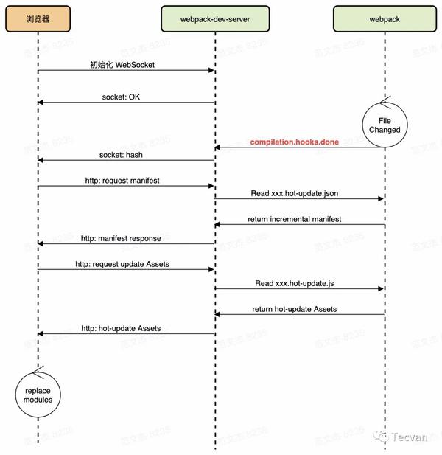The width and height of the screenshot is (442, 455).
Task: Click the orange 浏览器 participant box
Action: [x=38, y=19]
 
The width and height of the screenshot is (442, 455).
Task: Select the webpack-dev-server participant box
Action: [x=215, y=19]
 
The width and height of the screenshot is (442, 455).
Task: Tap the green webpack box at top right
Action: [x=385, y=19]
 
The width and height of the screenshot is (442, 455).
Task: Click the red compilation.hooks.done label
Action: [x=295, y=142]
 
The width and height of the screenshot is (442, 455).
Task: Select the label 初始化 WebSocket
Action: [x=122, y=65]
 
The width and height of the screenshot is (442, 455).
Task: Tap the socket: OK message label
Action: [x=121, y=97]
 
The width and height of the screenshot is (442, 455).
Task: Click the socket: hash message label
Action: [x=121, y=155]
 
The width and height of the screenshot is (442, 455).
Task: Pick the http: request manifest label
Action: [x=122, y=181]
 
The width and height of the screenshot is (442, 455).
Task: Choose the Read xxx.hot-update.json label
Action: [x=295, y=193]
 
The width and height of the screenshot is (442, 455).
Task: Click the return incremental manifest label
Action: [x=295, y=219]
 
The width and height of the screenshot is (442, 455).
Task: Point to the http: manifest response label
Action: [x=121, y=238]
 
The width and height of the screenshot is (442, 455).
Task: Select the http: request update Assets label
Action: [x=122, y=264]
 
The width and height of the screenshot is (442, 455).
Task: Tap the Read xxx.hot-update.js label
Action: [x=295, y=283]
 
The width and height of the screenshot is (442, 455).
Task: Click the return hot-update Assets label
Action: [x=295, y=309]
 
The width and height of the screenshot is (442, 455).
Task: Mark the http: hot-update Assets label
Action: [x=121, y=328]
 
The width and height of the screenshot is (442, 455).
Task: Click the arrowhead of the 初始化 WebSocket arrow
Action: [x=211, y=70]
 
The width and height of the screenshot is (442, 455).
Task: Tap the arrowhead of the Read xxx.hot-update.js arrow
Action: [x=381, y=289]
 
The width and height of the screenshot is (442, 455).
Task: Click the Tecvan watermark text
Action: [x=410, y=437]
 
